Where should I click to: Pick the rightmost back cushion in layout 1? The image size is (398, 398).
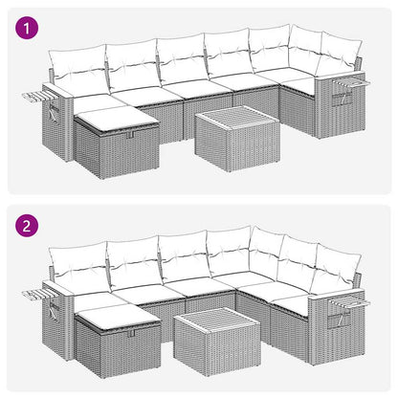pos(335,59)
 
